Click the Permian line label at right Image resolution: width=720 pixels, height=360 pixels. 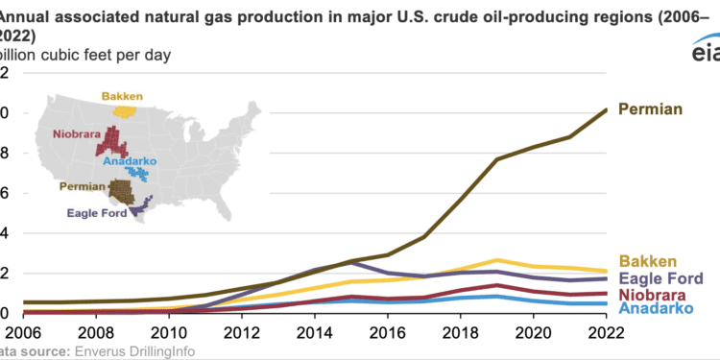650,109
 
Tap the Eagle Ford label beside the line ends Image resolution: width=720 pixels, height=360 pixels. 660,277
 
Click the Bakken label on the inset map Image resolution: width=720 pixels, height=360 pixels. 125,96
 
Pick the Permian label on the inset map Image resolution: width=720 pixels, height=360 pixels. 82,186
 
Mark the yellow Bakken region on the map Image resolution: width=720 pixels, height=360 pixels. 126,110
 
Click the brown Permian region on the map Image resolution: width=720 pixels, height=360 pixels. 121,190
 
